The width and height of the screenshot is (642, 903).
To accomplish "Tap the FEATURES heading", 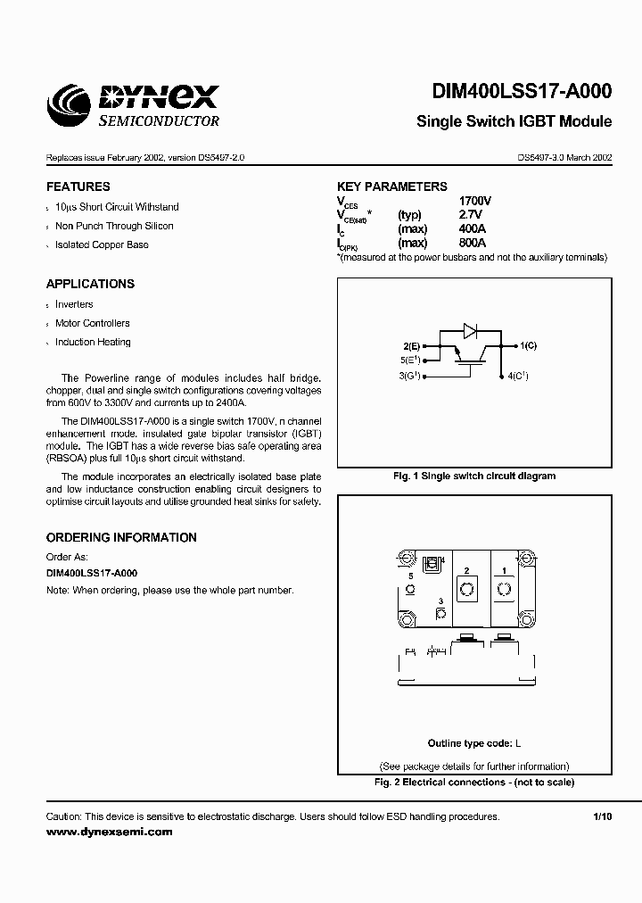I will pyautogui.click(x=78, y=187).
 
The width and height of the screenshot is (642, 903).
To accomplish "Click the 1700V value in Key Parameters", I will pyautogui.click(x=474, y=202).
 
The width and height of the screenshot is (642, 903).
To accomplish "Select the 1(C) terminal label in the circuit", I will pyautogui.click(x=527, y=344).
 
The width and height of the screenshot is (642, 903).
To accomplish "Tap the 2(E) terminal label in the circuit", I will pyautogui.click(x=411, y=344).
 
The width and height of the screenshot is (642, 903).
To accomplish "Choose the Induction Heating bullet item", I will pyautogui.click(x=93, y=342).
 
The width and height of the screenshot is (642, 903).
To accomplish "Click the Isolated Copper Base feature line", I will pyautogui.click(x=102, y=244).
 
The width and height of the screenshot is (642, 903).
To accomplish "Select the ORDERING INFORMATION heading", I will pyautogui.click(x=121, y=538).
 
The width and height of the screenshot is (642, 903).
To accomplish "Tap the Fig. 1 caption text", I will pyautogui.click(x=474, y=476).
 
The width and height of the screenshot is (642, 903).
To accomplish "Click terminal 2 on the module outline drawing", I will pyautogui.click(x=466, y=588).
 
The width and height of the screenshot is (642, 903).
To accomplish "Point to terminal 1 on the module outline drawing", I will pyautogui.click(x=505, y=588).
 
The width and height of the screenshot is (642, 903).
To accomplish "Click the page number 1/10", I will pyautogui.click(x=603, y=816).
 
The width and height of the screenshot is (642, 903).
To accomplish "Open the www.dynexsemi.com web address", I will pyautogui.click(x=109, y=832).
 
